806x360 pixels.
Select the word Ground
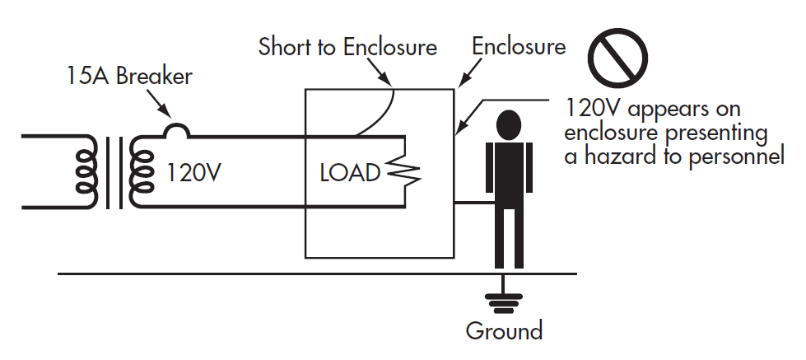504,331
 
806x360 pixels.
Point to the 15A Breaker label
129,77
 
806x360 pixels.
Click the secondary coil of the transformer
142,172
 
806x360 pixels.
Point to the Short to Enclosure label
347,46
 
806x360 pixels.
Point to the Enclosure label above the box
519,46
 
